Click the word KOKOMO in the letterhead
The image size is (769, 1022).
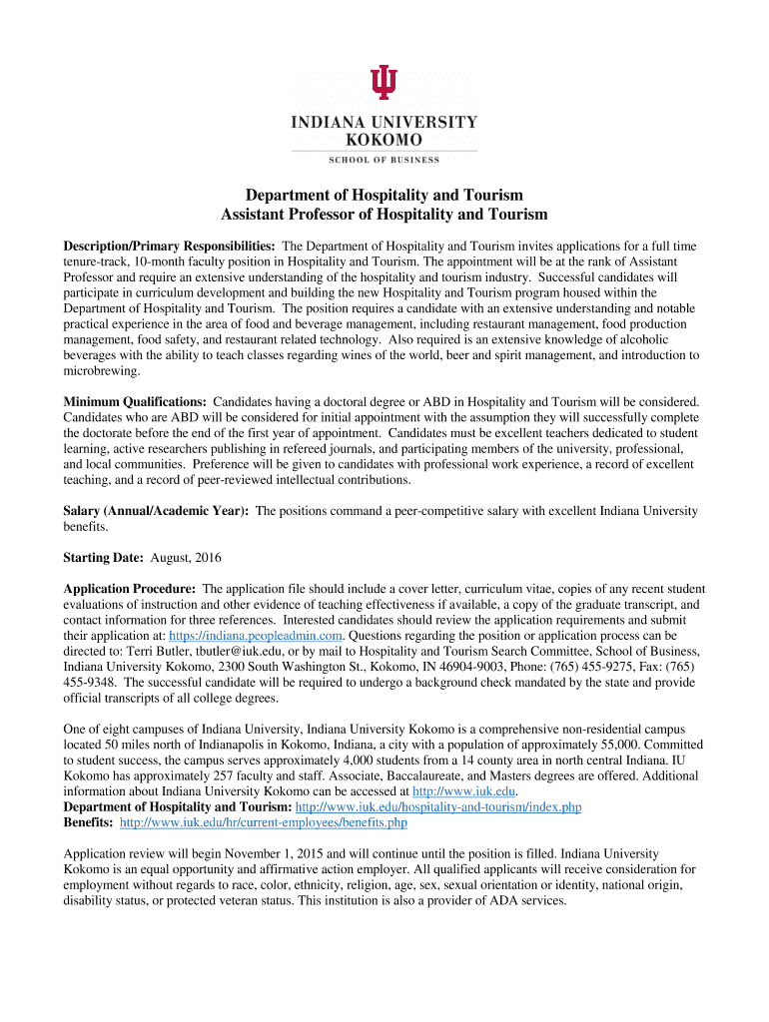(x=384, y=140)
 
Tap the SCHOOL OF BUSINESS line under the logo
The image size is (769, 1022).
(x=384, y=160)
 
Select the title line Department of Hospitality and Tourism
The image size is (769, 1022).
(x=384, y=195)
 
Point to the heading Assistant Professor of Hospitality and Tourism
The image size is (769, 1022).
(x=384, y=215)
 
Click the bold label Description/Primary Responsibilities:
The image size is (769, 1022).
(x=170, y=246)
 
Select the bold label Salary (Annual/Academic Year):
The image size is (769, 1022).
(x=156, y=511)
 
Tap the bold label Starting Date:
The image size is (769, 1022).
(x=104, y=557)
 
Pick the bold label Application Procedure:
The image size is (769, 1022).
(x=129, y=589)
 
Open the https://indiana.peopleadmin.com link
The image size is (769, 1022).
(x=257, y=635)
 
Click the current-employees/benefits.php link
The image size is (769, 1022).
(x=264, y=822)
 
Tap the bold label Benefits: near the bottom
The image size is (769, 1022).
(x=89, y=822)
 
